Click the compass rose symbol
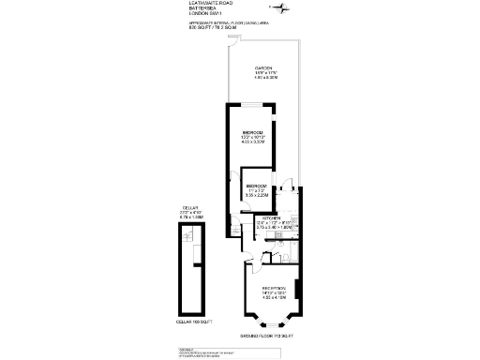287,9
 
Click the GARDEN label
264,71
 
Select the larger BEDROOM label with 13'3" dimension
253,132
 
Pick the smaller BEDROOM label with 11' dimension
258,187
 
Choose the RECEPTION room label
273,289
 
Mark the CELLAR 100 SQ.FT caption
194,322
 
